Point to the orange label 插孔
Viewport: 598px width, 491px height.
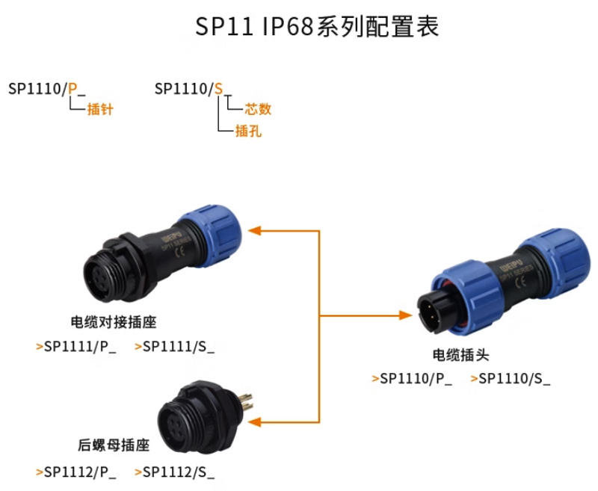click(248, 132)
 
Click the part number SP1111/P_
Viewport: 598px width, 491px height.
click(80, 346)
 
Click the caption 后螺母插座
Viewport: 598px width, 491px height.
click(114, 445)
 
